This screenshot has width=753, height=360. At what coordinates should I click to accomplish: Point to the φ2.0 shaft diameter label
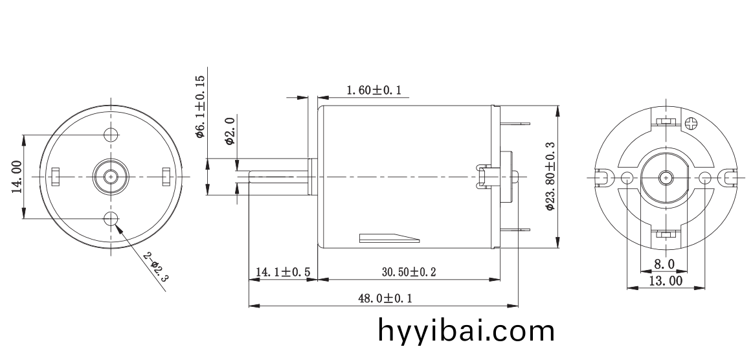click(229, 130)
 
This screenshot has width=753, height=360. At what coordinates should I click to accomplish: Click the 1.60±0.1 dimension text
click(374, 90)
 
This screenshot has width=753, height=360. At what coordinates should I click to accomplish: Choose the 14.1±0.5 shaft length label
click(282, 272)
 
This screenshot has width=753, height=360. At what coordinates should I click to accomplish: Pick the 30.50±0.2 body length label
click(408, 272)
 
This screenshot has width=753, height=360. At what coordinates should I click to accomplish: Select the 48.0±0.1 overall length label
click(385, 298)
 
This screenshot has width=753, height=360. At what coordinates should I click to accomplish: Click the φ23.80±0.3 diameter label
click(550, 177)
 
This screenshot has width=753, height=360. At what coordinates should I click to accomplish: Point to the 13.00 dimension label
click(666, 280)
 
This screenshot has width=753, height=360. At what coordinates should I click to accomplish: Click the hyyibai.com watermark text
click(466, 331)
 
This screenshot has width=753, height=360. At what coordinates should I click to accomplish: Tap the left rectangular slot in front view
click(56, 175)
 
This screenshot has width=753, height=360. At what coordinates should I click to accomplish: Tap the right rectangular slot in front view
click(166, 175)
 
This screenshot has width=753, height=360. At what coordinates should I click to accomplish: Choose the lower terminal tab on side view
click(515, 230)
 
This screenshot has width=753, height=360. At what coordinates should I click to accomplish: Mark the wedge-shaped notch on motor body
click(388, 238)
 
